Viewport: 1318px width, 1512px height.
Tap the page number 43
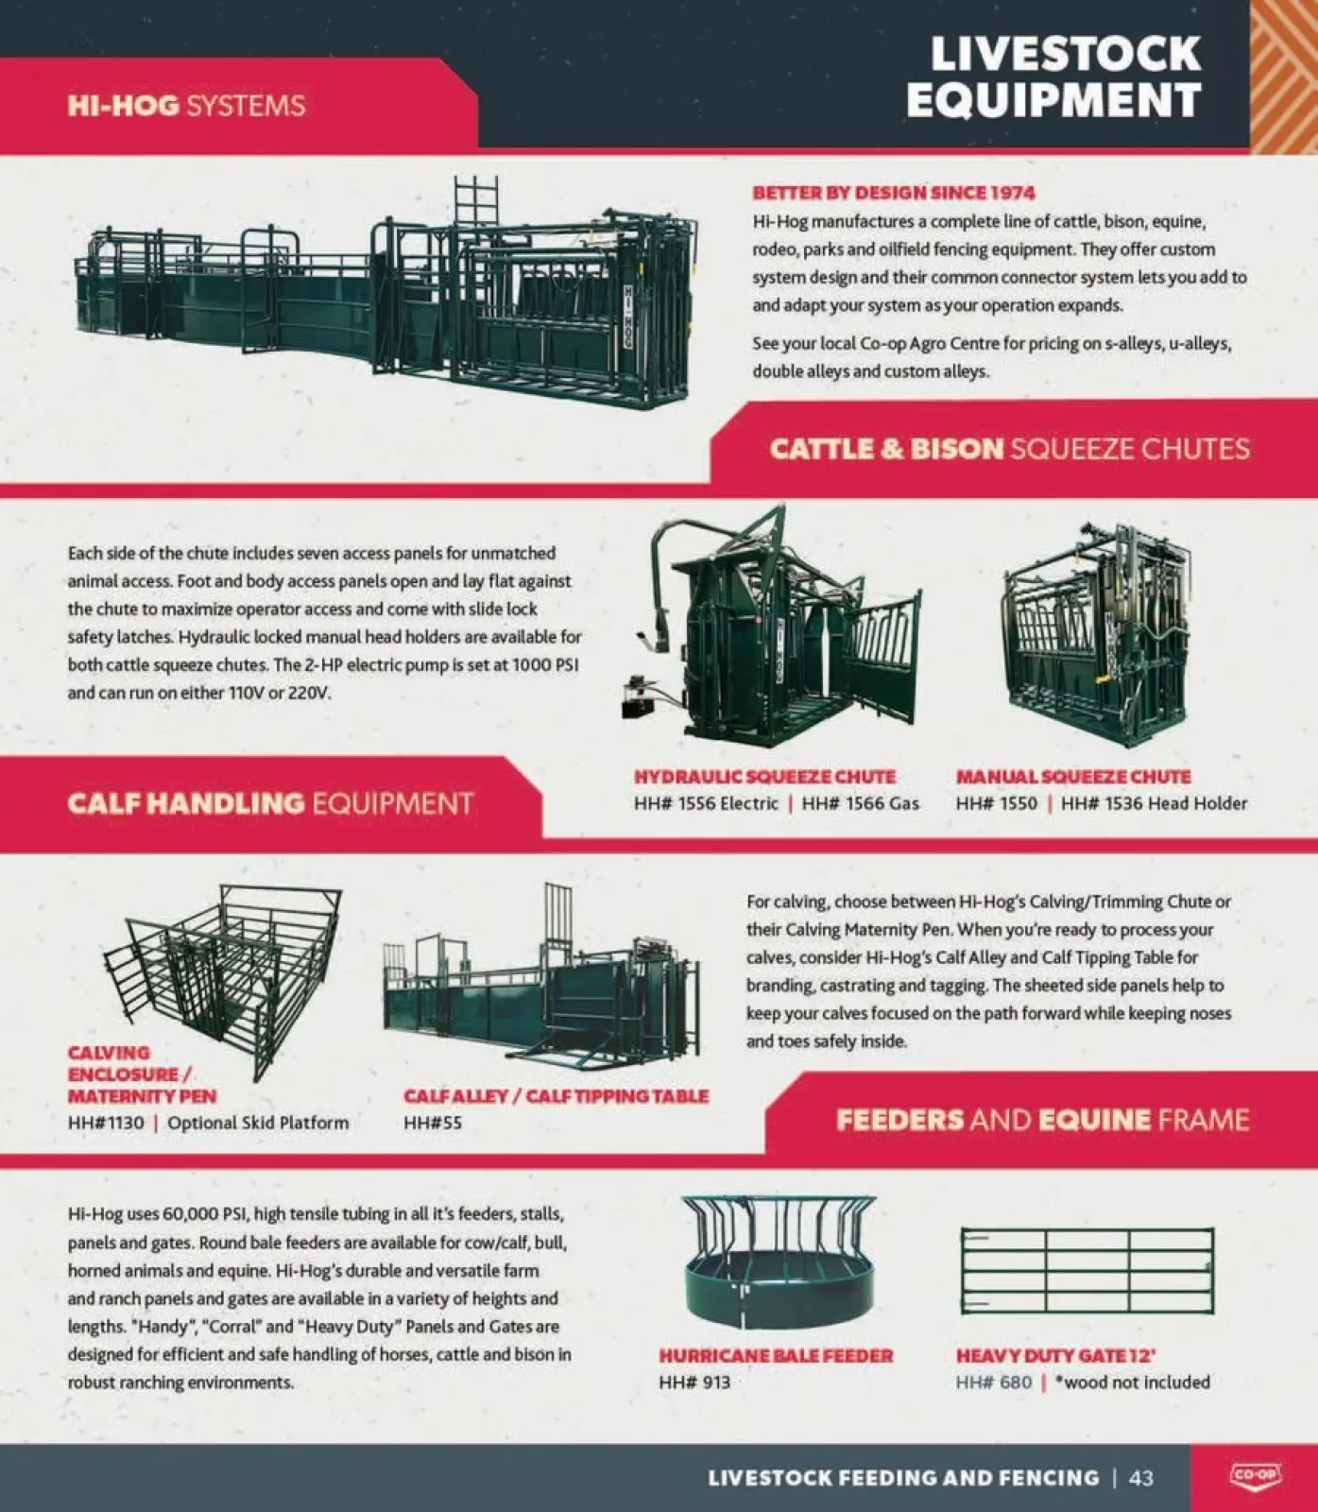pos(1141,1477)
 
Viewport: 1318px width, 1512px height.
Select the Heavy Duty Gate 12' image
pos(1087,1271)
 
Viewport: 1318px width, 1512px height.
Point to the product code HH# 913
pos(694,1382)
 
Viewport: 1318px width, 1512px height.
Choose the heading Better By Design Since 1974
pos(893,193)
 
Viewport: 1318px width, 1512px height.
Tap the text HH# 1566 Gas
pos(860,803)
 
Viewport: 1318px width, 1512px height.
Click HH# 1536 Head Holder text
pos(1154,803)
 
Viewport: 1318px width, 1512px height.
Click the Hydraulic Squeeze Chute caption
pos(764,777)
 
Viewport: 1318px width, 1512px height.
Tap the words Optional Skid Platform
pos(258,1123)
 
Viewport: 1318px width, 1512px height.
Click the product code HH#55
pos(432,1123)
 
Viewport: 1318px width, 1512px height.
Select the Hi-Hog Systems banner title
pos(186,105)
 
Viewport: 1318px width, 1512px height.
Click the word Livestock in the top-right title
pos(1065,54)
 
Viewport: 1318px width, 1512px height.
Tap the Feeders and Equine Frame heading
pos(1042,1120)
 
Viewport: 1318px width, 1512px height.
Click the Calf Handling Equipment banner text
pos(269,803)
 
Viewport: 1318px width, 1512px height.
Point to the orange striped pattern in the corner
pos(1283,76)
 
